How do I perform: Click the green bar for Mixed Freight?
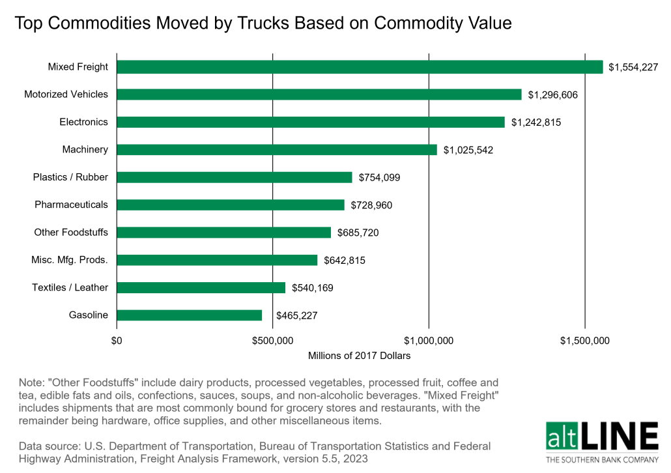tap(360, 67)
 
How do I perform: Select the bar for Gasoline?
tap(190, 315)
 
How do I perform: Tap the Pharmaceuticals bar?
tap(231, 205)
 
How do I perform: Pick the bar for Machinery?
tap(277, 150)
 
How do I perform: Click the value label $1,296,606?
tap(552, 95)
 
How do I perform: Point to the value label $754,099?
tap(382, 178)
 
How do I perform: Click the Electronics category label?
tap(83, 122)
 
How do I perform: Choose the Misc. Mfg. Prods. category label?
tap(70, 260)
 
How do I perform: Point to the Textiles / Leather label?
tap(70, 287)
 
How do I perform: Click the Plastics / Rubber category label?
tap(70, 177)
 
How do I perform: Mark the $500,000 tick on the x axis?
tap(272, 340)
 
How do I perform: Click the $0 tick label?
tap(117, 340)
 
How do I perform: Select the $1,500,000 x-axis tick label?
tap(584, 340)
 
